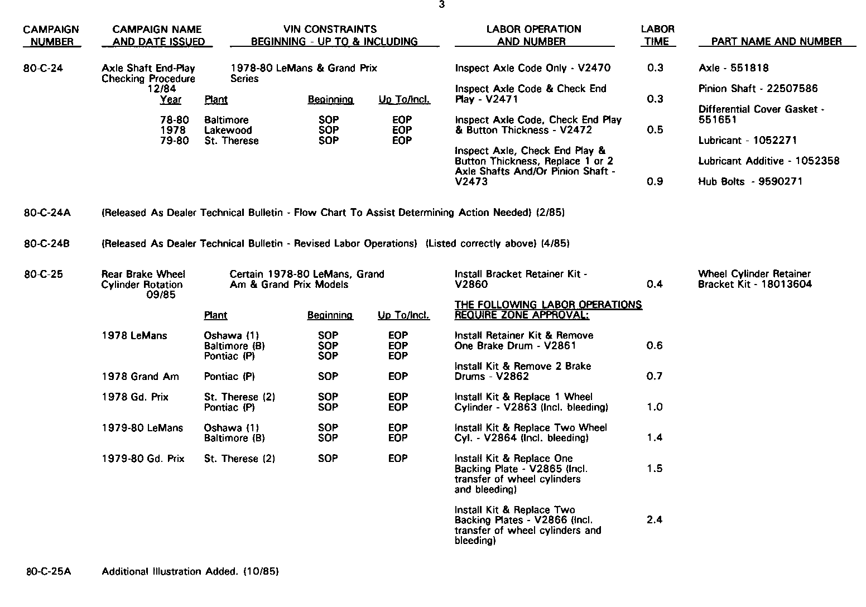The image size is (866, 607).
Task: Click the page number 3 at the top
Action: click(441, 5)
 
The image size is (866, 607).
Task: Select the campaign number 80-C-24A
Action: click(47, 213)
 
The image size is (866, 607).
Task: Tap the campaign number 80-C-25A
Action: click(49, 571)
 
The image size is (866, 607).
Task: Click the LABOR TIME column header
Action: click(657, 35)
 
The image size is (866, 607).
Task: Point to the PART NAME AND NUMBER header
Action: click(777, 41)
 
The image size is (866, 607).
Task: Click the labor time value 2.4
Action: click(655, 520)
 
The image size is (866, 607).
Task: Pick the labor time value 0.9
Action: click(655, 181)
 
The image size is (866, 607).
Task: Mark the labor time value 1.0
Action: click(655, 407)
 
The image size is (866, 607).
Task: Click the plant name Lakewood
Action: click(228, 131)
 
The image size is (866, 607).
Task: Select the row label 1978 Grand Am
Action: click(140, 377)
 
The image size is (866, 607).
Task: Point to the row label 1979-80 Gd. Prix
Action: click(143, 459)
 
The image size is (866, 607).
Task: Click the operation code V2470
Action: click(594, 68)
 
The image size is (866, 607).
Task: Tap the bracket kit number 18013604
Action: click(787, 285)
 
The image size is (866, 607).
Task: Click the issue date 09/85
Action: click(161, 295)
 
